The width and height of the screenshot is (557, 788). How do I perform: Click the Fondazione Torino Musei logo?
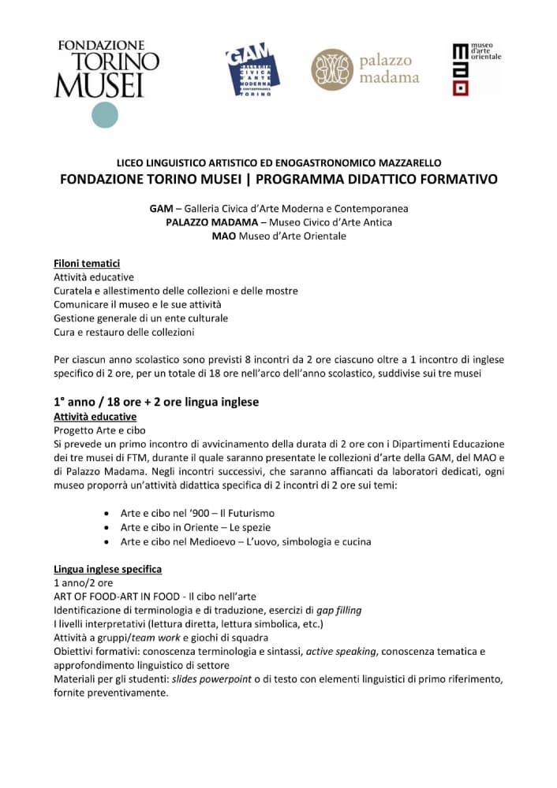point(106,70)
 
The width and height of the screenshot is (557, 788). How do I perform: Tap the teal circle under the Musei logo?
point(104,115)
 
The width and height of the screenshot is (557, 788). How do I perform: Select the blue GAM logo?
point(249,69)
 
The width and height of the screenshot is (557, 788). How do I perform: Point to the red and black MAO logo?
point(460,69)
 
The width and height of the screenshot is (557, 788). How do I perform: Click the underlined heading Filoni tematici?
point(87,263)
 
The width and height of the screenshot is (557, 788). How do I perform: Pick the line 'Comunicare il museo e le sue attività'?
point(137,304)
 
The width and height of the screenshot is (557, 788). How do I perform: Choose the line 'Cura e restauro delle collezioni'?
point(124,332)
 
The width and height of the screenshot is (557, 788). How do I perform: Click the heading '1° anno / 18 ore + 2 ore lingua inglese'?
point(156,402)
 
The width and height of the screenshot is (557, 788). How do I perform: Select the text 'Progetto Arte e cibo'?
point(99,430)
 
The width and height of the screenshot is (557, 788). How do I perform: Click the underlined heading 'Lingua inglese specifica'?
point(107,569)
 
